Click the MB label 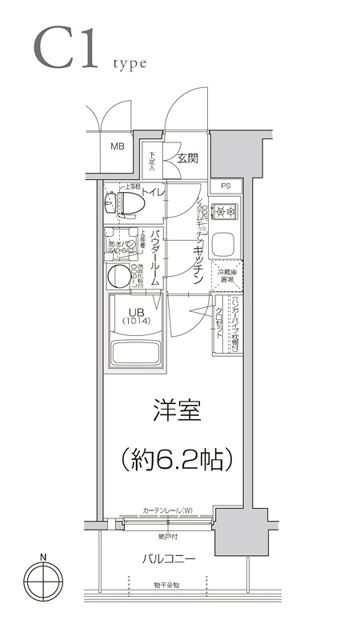[118, 146]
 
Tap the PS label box [226, 186]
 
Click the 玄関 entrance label [189, 157]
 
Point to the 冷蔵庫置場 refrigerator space [225, 276]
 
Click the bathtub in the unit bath [137, 352]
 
